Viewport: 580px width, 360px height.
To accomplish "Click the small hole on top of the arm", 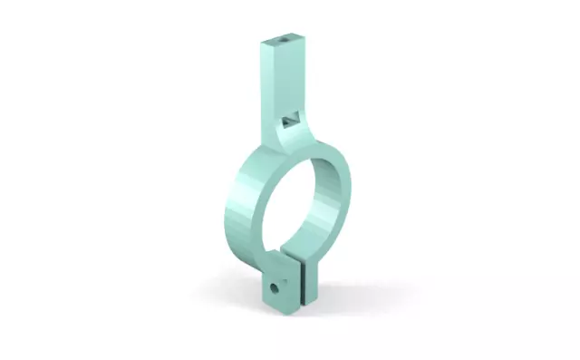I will point(287,40).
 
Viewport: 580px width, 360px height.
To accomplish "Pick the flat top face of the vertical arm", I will point(286,41).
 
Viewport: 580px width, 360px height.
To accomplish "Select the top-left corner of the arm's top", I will point(260,42).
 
